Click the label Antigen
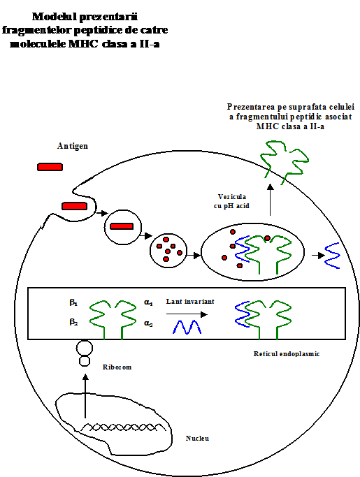click(x=73, y=147)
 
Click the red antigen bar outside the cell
click(x=50, y=167)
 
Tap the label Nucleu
click(x=197, y=439)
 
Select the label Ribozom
click(x=117, y=367)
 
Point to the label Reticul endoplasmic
click(x=287, y=354)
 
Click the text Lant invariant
click(x=190, y=302)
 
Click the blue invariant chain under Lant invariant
click(x=187, y=327)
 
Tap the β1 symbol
click(x=73, y=302)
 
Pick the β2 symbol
click(x=73, y=322)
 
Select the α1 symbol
click(x=148, y=302)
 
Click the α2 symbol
click(x=148, y=323)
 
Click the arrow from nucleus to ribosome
click(x=85, y=396)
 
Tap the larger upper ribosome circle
click(x=85, y=348)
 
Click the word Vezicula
click(x=232, y=197)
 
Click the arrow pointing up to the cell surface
click(x=270, y=200)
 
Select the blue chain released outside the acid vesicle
click(x=332, y=256)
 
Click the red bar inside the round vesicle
click(x=122, y=226)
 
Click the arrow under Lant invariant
click(x=187, y=314)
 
